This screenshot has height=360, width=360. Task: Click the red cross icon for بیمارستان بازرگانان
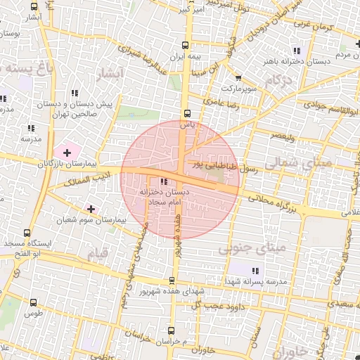67,152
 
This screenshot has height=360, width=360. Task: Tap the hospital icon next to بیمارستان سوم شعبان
91,209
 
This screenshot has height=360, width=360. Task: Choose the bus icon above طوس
33,302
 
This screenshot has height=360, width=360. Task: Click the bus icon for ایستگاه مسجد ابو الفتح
27,233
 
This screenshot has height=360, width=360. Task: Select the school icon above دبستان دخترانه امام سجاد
164,182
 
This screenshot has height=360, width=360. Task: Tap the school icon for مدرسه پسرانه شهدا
255,271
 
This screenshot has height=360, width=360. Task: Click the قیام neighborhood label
96,252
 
